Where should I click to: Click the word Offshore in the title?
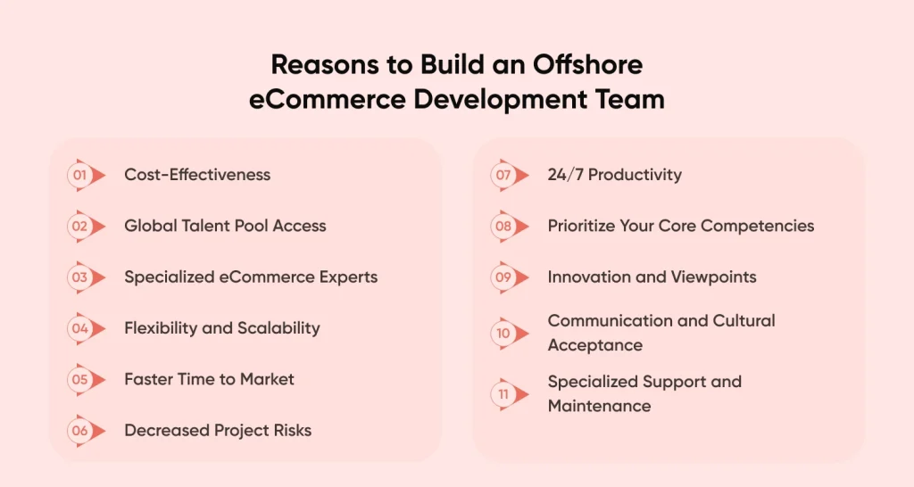587,64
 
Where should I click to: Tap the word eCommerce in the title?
327,99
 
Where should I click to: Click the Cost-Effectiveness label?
197,175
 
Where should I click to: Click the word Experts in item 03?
349,277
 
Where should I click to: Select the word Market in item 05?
267,379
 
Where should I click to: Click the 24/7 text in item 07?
565,175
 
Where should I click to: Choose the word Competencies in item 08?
757,226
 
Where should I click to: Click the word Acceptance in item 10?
595,345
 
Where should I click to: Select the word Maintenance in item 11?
599,406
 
